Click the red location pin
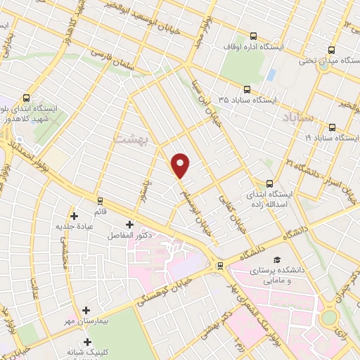point(181,165)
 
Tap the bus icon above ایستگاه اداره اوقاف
point(254,35)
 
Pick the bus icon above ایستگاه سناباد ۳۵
point(246,89)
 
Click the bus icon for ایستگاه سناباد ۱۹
point(331,127)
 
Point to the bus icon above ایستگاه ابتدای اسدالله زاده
point(269,163)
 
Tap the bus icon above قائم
point(100,200)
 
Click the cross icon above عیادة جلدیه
point(74,215)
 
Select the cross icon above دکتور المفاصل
point(129,224)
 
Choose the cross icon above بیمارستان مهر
point(86,309)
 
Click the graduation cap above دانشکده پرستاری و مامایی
point(276,259)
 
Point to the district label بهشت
point(127,140)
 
